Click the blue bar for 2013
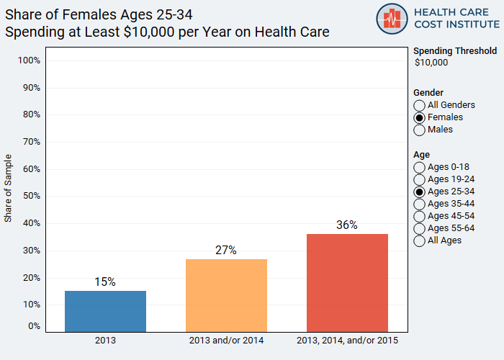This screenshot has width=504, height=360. click(x=105, y=311)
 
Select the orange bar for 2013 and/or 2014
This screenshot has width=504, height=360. click(x=226, y=295)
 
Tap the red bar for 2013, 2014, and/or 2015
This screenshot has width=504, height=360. click(x=347, y=283)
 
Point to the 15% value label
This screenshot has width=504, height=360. click(x=105, y=282)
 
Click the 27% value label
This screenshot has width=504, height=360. click(x=226, y=250)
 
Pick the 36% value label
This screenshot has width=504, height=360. click(x=347, y=225)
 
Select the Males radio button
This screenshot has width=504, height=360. click(x=420, y=130)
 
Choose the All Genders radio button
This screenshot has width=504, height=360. click(x=420, y=105)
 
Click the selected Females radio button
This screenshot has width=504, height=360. click(x=420, y=117)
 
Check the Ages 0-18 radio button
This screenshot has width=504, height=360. click(x=420, y=167)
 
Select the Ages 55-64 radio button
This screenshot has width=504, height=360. click(x=420, y=228)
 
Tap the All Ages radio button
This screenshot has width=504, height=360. click(x=420, y=240)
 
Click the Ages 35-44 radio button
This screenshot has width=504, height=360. click(x=420, y=204)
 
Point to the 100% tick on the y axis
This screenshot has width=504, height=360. click(x=28, y=60)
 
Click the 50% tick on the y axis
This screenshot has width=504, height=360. click(x=30, y=196)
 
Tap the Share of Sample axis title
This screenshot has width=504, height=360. click(x=9, y=188)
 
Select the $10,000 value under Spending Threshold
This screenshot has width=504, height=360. click(x=431, y=63)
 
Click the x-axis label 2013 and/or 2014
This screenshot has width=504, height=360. click(x=226, y=339)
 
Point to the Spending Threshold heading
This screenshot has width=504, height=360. click(x=455, y=50)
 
